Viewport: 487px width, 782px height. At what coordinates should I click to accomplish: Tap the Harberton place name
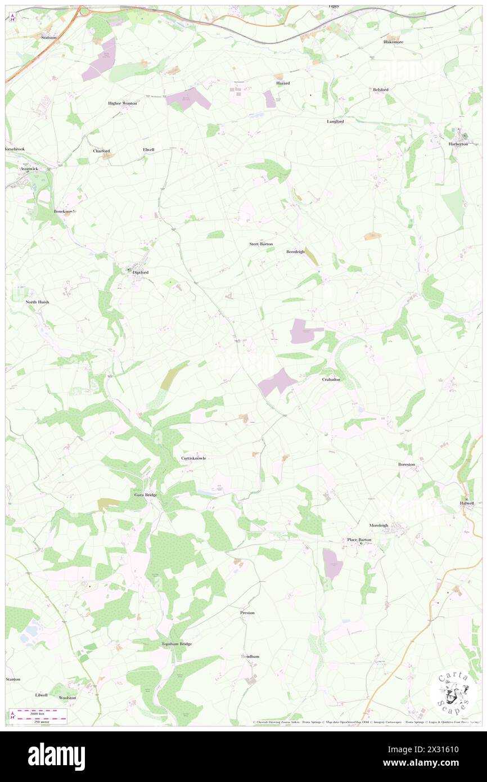click(x=458, y=143)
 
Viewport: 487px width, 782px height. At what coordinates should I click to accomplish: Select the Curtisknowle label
click(x=193, y=458)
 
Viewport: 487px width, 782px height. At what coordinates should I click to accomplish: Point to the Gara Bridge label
click(x=145, y=495)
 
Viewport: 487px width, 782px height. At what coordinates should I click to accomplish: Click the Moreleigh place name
click(x=378, y=525)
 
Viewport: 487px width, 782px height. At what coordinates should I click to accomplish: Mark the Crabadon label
click(x=331, y=379)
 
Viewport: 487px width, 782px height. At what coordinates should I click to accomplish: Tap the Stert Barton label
click(x=261, y=244)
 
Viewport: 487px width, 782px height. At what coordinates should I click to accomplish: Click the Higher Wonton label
click(x=123, y=104)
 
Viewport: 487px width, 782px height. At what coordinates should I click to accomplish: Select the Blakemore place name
click(x=393, y=42)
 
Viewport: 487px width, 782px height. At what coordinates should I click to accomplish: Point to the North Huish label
click(x=37, y=302)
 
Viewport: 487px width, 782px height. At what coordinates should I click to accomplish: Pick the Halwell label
click(x=467, y=503)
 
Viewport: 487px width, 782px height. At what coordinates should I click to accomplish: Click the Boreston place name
click(x=406, y=464)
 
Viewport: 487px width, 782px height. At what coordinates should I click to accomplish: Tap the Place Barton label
click(x=359, y=540)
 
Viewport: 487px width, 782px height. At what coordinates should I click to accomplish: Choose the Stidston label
click(x=49, y=37)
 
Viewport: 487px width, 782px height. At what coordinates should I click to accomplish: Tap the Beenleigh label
click(x=295, y=251)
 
